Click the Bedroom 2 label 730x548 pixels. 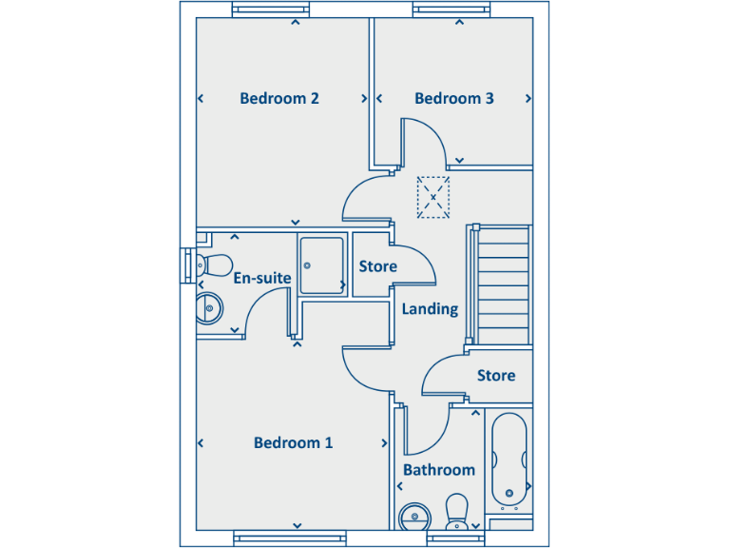coord(279,98)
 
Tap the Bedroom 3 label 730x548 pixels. coord(453,98)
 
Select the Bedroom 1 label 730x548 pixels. coord(293,442)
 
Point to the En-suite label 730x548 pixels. coord(261,278)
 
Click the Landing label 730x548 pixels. coord(430,309)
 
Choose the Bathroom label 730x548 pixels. coord(438,470)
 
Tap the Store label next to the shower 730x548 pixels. coord(377,266)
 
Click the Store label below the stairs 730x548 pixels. coord(495,376)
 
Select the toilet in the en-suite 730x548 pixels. coord(215,264)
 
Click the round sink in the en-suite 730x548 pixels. coord(208,307)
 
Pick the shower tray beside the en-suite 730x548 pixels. coord(322,264)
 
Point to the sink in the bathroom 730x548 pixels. coord(413,517)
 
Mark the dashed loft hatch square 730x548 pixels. coord(432,197)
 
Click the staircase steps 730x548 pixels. coord(502,284)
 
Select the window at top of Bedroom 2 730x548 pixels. coord(271,10)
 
